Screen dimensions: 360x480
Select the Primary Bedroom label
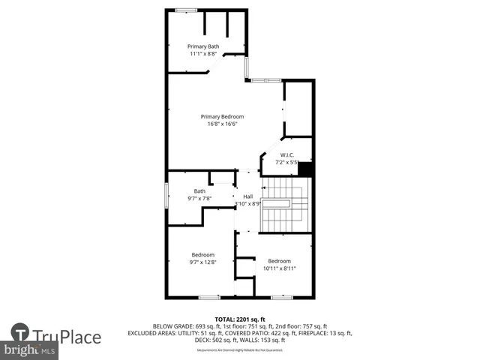(x=222, y=116)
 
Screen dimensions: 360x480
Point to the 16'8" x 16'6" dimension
(x=222, y=124)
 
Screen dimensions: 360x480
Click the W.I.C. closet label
(x=286, y=154)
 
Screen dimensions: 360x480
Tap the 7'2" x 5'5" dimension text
(x=286, y=162)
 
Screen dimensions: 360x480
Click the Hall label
(x=247, y=196)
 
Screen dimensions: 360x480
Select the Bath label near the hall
(x=199, y=190)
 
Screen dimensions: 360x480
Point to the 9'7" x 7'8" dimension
(x=199, y=199)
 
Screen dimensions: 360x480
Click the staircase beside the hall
(x=284, y=204)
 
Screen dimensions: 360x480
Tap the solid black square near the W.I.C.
(x=306, y=169)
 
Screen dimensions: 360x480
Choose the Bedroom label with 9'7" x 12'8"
(x=202, y=254)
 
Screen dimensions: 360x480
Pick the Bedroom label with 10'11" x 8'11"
(x=279, y=260)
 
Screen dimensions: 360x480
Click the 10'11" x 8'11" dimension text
(x=279, y=268)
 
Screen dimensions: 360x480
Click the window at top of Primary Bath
(x=186, y=10)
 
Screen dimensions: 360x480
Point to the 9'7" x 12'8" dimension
(x=202, y=262)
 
